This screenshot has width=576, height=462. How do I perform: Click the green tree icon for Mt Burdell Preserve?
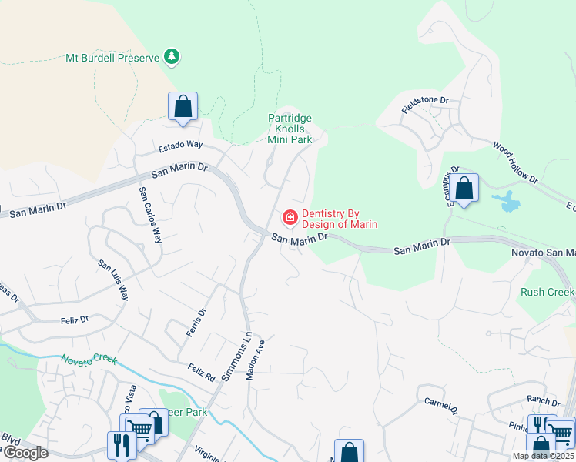coord(172,56)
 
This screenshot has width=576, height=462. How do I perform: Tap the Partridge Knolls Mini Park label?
coord(290,129)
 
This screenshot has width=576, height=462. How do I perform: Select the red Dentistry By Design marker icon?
coord(290,219)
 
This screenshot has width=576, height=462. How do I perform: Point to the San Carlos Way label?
coord(150,215)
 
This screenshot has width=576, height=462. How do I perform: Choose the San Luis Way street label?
coord(113,280)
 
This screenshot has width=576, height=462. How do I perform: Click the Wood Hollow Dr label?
coord(515,162)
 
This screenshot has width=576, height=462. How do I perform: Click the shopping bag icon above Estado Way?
coord(183,106)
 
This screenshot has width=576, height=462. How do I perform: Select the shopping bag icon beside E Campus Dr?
coord(464,188)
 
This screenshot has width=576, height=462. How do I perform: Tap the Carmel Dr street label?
coord(440,406)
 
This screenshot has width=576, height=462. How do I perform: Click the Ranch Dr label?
coord(544,401)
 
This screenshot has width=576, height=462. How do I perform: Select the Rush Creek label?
coord(548,292)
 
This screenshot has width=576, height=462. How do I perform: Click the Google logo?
coord(25,453)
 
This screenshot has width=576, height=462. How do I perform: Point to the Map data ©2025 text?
coord(543,456)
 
